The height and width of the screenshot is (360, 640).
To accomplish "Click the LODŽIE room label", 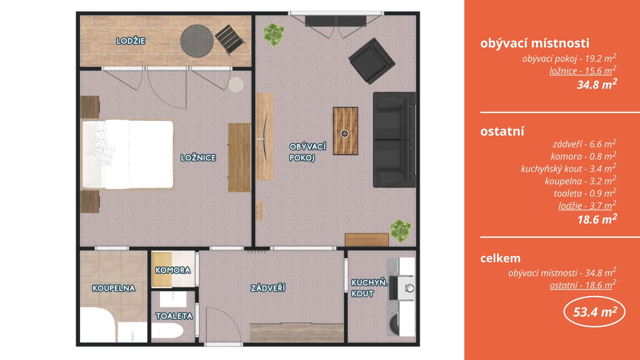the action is click(131, 41).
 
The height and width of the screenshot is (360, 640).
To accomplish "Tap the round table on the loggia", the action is click(197, 41).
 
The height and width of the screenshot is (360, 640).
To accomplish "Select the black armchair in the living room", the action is click(372, 61).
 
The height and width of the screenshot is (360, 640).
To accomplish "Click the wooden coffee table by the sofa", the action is click(346, 131).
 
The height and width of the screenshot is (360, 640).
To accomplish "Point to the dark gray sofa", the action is click(394, 140).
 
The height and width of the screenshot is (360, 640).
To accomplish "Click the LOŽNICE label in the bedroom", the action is click(198, 158).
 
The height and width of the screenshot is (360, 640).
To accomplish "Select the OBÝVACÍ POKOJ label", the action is click(308, 152).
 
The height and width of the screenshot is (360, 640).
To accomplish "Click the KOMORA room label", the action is click(173, 270).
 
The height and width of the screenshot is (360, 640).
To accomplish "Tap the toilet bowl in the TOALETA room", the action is click(167, 331).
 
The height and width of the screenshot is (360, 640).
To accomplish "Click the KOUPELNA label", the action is click(114, 288).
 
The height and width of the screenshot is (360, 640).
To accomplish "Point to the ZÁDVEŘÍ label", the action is click(268, 288).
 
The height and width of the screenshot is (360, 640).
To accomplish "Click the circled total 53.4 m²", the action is click(594, 312).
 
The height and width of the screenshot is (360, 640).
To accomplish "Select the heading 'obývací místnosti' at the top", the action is click(534, 43).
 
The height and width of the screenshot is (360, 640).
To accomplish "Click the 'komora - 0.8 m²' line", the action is click(584, 156).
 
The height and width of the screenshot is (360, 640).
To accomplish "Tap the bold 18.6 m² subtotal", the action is click(597, 219).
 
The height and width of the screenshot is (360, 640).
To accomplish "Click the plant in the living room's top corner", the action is click(274, 34).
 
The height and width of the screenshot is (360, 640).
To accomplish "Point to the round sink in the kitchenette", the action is click(410, 288).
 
